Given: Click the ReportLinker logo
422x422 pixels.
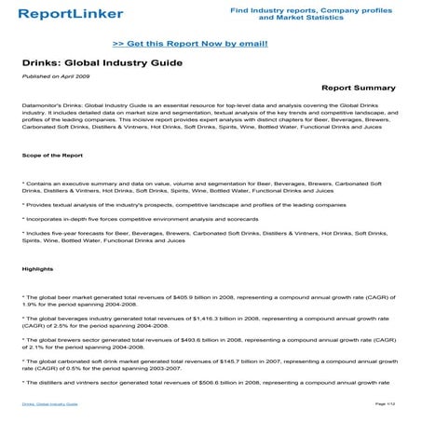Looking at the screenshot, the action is pyautogui.click(x=65, y=15).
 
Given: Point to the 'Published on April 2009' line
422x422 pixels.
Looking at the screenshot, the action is pyautogui.click(x=49, y=75).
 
